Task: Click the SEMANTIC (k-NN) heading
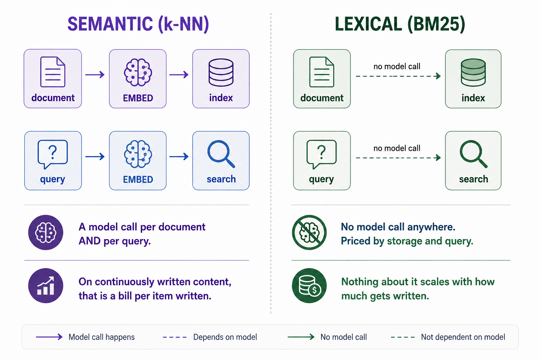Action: [x=138, y=24]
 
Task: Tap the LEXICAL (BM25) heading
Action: [x=400, y=24]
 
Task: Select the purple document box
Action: [x=53, y=79]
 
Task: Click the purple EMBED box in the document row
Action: [x=138, y=79]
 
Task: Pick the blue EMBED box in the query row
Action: [x=138, y=161]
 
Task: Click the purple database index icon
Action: [x=221, y=72]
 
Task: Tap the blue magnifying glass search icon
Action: [x=221, y=154]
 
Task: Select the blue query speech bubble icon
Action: [x=52, y=154]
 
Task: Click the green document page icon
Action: [x=322, y=72]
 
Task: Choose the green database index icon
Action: [x=473, y=72]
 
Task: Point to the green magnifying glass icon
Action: [x=474, y=154]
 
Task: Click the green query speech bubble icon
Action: [x=321, y=154]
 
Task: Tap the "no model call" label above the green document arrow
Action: [x=397, y=66]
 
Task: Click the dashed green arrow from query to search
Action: [x=398, y=158]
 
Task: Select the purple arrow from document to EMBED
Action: [x=95, y=75]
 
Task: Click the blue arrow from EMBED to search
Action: [x=179, y=156]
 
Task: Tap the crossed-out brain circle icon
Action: [x=309, y=232]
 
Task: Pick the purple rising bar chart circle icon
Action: [x=46, y=285]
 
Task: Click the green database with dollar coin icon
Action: [x=309, y=285]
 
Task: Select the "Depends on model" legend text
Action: [x=225, y=337]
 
